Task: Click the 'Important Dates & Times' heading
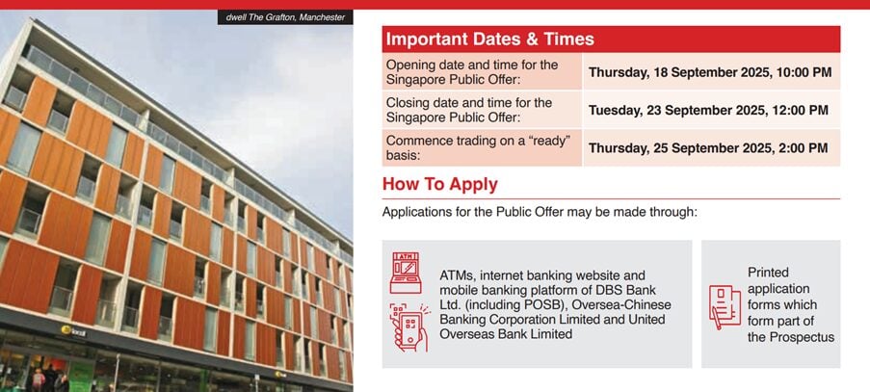[490, 39]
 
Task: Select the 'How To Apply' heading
[440, 185]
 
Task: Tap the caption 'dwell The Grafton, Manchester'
[285, 17]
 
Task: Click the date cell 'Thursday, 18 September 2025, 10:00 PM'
[710, 72]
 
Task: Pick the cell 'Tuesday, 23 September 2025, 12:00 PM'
[708, 111]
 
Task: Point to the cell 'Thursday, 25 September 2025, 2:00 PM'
[708, 148]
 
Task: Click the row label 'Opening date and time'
[472, 71]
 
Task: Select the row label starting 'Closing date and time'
[469, 110]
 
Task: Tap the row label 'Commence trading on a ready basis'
[478, 147]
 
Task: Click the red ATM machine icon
[405, 273]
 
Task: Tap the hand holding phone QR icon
[409, 327]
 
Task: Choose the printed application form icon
[725, 307]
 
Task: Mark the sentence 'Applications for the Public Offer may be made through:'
[539, 212]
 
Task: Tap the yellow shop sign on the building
[73, 331]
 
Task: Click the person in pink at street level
[38, 380]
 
